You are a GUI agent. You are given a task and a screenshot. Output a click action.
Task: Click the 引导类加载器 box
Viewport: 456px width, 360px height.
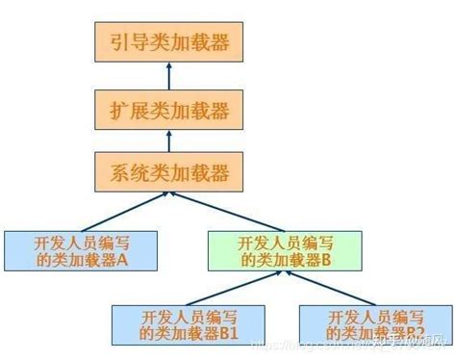pyautogui.click(x=169, y=42)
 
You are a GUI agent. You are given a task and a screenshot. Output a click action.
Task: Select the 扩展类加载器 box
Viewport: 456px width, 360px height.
pyautogui.click(x=169, y=110)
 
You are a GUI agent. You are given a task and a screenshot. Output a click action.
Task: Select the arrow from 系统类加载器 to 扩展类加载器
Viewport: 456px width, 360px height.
pyautogui.click(x=169, y=141)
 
